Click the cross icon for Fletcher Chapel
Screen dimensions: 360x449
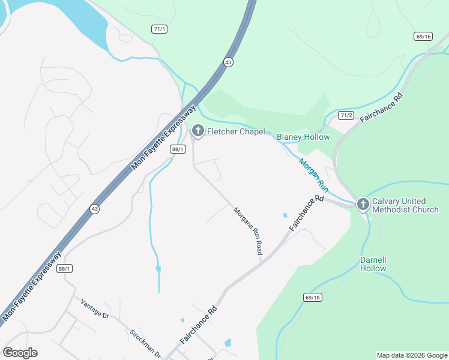pyautogui.click(x=197, y=131)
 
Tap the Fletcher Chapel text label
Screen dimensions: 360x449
pyautogui.click(x=237, y=131)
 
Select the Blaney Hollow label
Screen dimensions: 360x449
pyautogui.click(x=303, y=137)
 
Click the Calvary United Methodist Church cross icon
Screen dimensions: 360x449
pyautogui.click(x=363, y=205)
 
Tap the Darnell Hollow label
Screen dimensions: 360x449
pyautogui.click(x=373, y=265)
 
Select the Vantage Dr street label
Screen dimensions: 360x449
pyautogui.click(x=95, y=310)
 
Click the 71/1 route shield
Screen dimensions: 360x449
pyautogui.click(x=159, y=29)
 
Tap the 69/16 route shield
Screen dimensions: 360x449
pyautogui.click(x=423, y=37)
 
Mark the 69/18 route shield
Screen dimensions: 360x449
pyautogui.click(x=313, y=297)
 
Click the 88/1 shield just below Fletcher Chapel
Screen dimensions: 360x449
pyautogui.click(x=176, y=149)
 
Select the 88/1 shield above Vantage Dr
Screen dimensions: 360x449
pyautogui.click(x=65, y=269)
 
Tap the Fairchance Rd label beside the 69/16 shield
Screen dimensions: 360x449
pyautogui.click(x=381, y=108)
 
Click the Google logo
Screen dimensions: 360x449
pyautogui.click(x=20, y=353)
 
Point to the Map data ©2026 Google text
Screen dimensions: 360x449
pyautogui.click(x=412, y=355)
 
